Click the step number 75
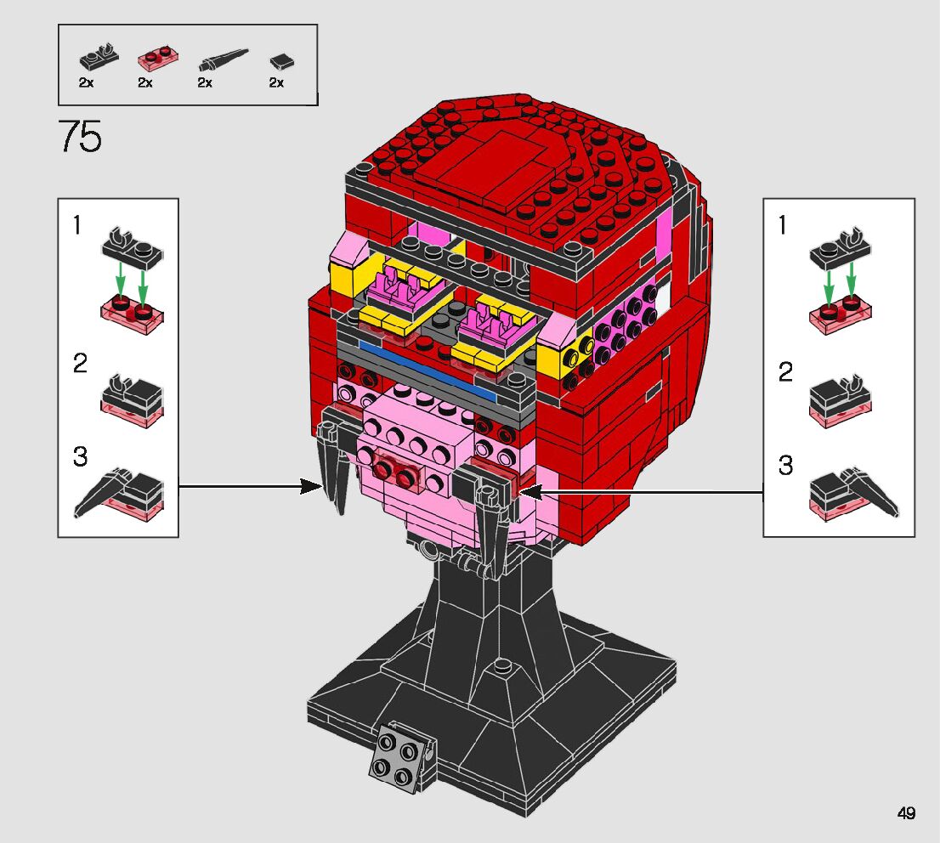81,137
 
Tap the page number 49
906,813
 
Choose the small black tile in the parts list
280,61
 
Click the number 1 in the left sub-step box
78,226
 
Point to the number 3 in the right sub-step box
786,467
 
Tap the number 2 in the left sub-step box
79,365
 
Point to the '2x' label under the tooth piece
205,82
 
